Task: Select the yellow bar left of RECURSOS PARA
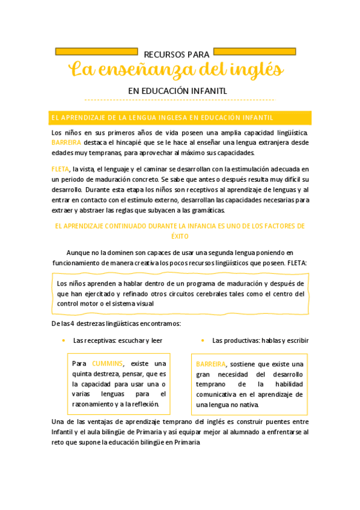point(96,51)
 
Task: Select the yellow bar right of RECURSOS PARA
point(254,51)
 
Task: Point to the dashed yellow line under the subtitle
point(180,100)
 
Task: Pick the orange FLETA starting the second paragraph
point(60,170)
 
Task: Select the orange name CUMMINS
point(107,363)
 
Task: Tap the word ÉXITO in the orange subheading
point(180,236)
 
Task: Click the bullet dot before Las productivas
point(203,340)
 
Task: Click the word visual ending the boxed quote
point(145,304)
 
